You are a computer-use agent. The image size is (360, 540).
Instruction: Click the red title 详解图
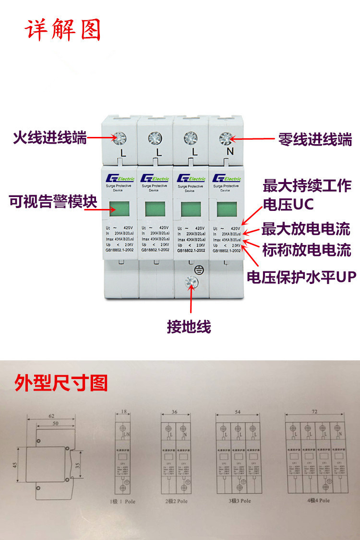[x=63, y=30]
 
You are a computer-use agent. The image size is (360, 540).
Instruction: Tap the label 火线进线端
[x=50, y=139]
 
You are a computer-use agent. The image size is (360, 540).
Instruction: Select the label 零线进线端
[x=315, y=140]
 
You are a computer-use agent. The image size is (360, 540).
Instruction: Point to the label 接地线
[x=189, y=327]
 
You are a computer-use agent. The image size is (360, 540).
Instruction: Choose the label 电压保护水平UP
[x=302, y=277]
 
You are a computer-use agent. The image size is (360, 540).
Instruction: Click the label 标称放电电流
[x=307, y=250]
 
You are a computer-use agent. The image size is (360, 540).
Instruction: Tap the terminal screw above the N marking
[x=225, y=138]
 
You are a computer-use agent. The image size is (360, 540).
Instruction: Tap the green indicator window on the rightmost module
[x=226, y=209]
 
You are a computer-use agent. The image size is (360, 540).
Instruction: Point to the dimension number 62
[x=51, y=416]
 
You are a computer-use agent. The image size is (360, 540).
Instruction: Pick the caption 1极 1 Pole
[x=123, y=501]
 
